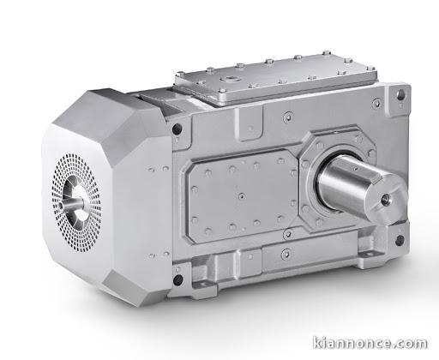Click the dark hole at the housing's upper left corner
(176, 129)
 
